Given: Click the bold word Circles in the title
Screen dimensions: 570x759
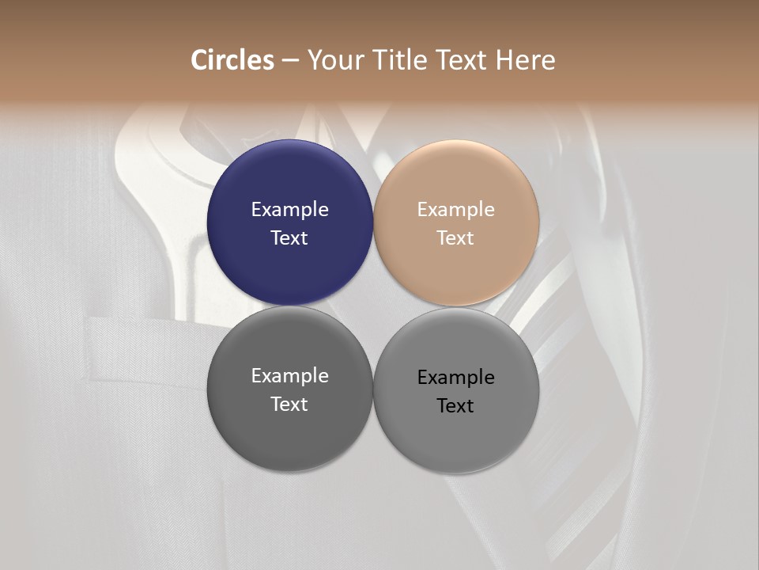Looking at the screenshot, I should click(232, 60).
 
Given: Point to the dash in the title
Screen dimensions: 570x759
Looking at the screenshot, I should click(290, 61).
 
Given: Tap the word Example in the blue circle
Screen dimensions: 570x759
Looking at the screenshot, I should click(289, 210).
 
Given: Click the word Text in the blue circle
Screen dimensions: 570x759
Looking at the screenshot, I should click(289, 238).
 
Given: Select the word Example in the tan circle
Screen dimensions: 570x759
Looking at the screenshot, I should click(455, 210).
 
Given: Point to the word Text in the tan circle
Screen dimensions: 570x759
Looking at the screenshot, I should click(455, 238).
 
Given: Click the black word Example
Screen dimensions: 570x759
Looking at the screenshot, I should click(455, 378).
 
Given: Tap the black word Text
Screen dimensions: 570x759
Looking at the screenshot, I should click(455, 406).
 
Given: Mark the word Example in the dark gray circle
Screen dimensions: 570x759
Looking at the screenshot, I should click(289, 376).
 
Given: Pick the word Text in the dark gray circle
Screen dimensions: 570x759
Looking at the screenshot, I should click(289, 405).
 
